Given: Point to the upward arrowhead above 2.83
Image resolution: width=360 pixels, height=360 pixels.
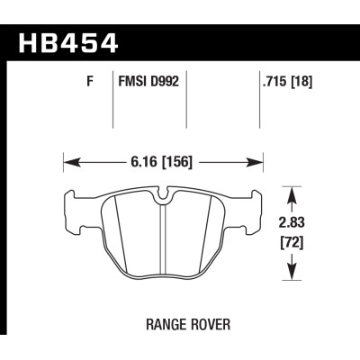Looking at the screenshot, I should pyautogui.click(x=290, y=191).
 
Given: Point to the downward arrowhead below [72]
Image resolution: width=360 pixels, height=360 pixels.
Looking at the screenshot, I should pyautogui.click(x=290, y=274).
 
